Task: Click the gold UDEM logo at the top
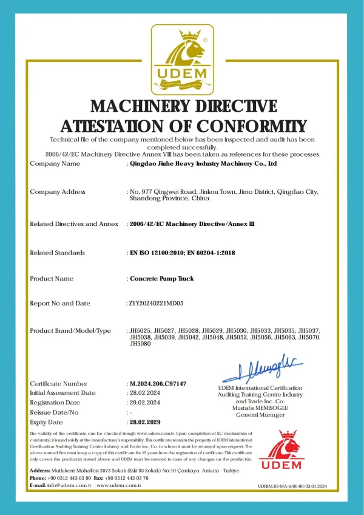182,58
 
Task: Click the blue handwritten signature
259,367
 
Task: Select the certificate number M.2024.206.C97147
158,384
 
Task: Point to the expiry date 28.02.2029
146,422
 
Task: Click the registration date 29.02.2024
145,403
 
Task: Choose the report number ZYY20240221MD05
156,303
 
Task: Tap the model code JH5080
140,344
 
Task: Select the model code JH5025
140,330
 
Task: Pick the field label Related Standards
57,253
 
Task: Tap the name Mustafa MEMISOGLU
260,408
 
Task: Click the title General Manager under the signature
260,415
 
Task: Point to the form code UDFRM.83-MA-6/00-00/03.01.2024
292,486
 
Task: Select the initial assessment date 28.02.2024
145,393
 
